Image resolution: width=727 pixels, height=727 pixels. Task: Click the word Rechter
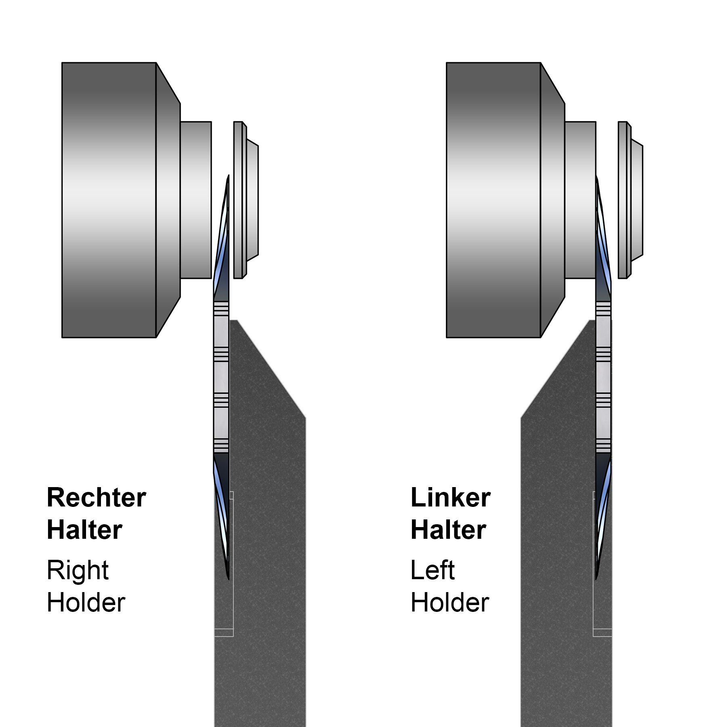point(96,497)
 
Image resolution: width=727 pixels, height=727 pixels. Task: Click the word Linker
point(450,497)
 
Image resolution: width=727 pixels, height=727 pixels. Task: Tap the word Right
point(78,570)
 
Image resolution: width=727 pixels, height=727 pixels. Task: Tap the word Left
point(433,570)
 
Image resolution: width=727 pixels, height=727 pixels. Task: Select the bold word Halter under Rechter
point(84,529)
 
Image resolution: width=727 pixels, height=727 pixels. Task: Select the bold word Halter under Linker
point(448,529)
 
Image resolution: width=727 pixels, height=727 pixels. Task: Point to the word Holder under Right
point(86,603)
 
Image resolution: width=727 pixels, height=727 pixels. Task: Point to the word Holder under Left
point(450,603)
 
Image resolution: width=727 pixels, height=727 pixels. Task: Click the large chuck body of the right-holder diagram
point(109,200)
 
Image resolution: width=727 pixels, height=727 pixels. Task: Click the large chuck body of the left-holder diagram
point(494,200)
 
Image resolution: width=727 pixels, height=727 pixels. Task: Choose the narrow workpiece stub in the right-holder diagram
point(196,200)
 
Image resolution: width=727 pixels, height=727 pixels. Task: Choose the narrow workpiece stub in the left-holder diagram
point(580,200)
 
